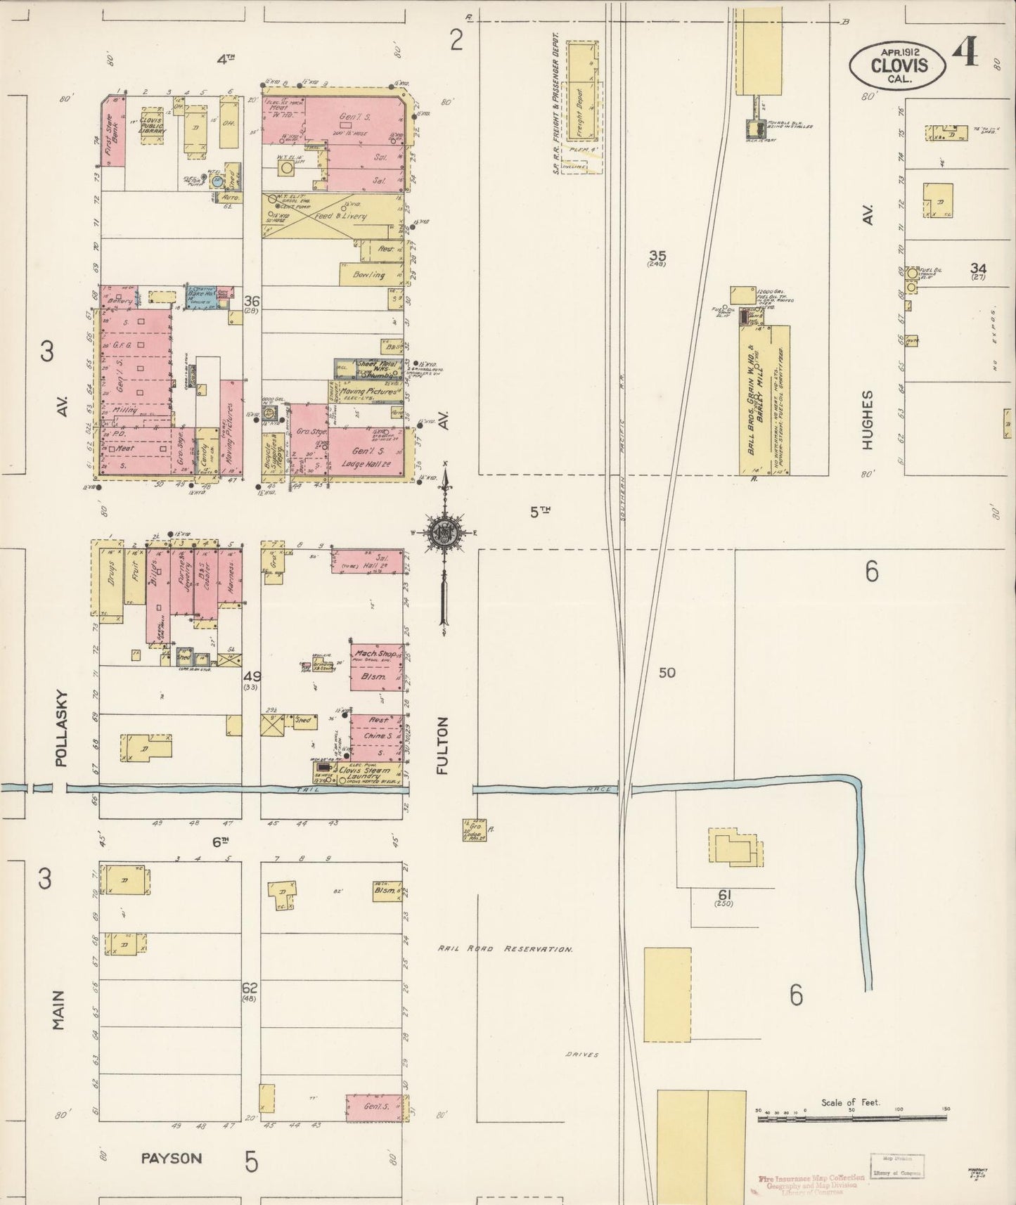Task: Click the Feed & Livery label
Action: point(340,216)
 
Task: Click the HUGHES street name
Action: point(868,418)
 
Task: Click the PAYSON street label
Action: point(172,1159)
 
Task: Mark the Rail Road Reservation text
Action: point(505,948)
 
